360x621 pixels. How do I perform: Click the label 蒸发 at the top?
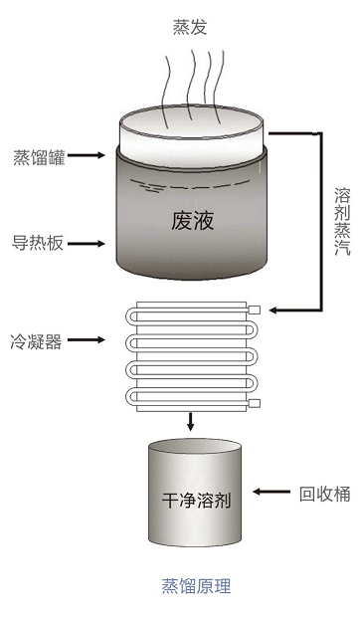(x=190, y=27)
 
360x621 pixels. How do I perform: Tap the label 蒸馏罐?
(x=39, y=156)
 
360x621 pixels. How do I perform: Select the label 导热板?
(x=38, y=243)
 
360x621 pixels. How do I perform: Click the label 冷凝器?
(x=37, y=340)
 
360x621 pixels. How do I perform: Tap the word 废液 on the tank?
(x=192, y=220)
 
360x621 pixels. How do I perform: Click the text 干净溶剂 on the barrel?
(x=196, y=501)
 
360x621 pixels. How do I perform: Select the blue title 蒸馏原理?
(x=197, y=586)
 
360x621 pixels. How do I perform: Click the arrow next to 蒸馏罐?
(x=86, y=155)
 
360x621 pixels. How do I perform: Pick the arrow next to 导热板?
(x=86, y=243)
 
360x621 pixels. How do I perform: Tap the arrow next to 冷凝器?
(x=86, y=339)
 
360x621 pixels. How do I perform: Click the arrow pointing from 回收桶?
(x=271, y=492)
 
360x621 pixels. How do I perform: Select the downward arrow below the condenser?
(x=191, y=422)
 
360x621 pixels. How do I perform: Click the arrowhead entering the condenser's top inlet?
(x=273, y=310)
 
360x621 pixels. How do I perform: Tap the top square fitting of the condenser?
(x=254, y=310)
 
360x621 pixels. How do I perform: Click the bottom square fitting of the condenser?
(x=254, y=403)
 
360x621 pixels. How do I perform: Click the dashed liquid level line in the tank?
(x=191, y=185)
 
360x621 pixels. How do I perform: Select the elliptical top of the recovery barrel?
(x=195, y=446)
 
